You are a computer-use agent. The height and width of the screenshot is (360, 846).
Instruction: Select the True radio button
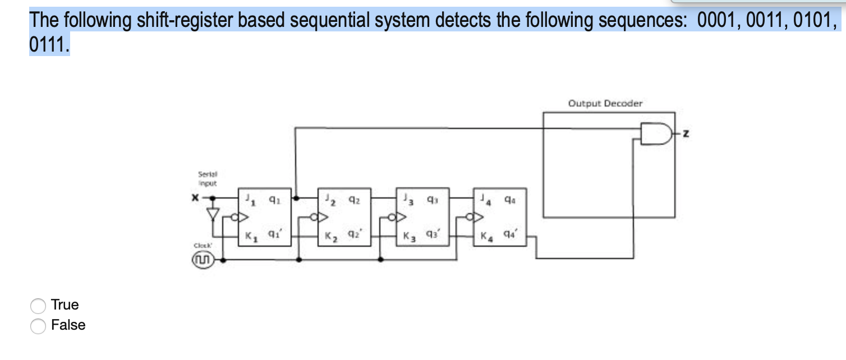coord(38,306)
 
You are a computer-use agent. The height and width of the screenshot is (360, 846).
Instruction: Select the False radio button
coord(38,326)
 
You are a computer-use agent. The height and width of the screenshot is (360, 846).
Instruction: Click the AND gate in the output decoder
coord(655,133)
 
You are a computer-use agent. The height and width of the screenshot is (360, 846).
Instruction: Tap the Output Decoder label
coord(605,103)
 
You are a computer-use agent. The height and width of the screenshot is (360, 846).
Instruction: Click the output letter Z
coord(686,133)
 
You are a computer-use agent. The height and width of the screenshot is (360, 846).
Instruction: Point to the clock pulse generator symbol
coord(203,260)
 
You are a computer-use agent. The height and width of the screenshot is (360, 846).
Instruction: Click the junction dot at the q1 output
coord(296,198)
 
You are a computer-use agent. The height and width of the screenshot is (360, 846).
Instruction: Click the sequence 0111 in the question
coord(48,44)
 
